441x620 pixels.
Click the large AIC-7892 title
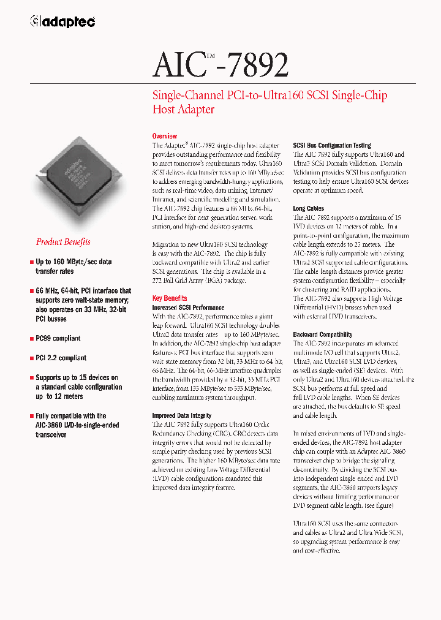[x=221, y=65]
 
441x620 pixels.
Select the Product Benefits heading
[x=63, y=242]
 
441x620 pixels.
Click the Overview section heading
[x=164, y=136]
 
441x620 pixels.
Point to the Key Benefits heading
[x=170, y=298]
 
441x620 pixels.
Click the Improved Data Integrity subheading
[x=183, y=415]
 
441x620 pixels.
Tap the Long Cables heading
[x=308, y=209]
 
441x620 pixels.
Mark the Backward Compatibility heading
[x=322, y=335]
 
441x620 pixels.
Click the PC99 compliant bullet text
[x=58, y=338]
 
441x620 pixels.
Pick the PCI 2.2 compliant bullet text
[x=61, y=358]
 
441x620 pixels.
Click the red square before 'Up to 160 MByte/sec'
[x=31, y=262]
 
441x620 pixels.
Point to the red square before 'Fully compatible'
[x=31, y=415]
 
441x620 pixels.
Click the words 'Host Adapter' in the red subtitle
[x=183, y=110]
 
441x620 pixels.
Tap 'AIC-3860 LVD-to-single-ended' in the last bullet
[x=77, y=425]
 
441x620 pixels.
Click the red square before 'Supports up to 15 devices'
[x=31, y=378]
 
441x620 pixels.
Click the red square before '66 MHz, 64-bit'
[x=31, y=291]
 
